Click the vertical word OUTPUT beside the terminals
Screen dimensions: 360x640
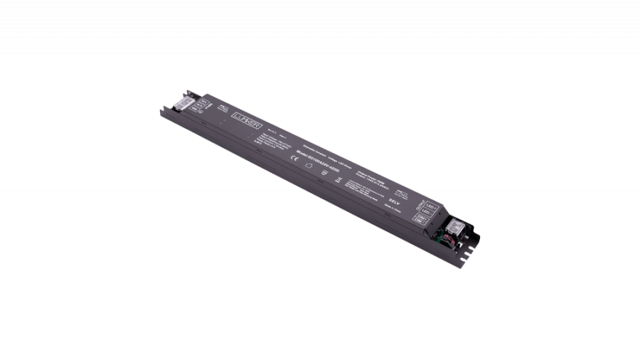(x=417, y=207)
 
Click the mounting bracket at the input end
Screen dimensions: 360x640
(x=169, y=107)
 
